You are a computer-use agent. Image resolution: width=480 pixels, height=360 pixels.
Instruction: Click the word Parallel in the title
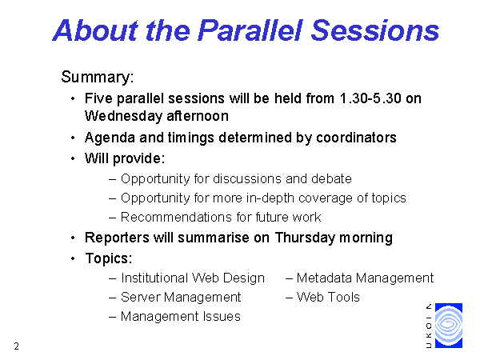(250, 30)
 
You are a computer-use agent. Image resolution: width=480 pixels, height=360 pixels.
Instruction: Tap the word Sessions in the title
(375, 30)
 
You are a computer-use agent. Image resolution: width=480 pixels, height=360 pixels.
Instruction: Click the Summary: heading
(98, 77)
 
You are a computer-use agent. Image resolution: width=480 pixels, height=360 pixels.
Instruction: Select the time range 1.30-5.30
(370, 98)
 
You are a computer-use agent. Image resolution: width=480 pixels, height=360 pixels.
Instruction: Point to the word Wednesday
(122, 116)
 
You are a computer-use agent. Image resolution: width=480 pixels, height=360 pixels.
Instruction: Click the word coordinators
(356, 138)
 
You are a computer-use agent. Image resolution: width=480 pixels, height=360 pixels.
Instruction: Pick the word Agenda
(110, 138)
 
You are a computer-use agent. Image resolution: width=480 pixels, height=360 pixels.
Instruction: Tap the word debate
(331, 178)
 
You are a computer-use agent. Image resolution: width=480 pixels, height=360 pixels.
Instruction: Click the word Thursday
(305, 238)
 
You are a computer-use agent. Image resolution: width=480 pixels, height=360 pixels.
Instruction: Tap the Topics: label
(109, 258)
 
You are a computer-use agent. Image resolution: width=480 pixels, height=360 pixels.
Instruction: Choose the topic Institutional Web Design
(193, 278)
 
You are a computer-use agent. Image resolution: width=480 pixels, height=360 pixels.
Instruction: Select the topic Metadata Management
(365, 278)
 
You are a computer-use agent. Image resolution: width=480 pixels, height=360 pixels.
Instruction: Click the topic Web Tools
(328, 298)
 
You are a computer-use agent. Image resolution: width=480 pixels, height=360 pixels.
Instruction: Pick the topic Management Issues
(181, 317)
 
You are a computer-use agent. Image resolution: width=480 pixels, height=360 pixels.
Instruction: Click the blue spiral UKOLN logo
(449, 326)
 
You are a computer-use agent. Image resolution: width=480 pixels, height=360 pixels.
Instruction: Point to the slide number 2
(17, 346)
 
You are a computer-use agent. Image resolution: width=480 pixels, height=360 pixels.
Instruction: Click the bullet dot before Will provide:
(73, 159)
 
